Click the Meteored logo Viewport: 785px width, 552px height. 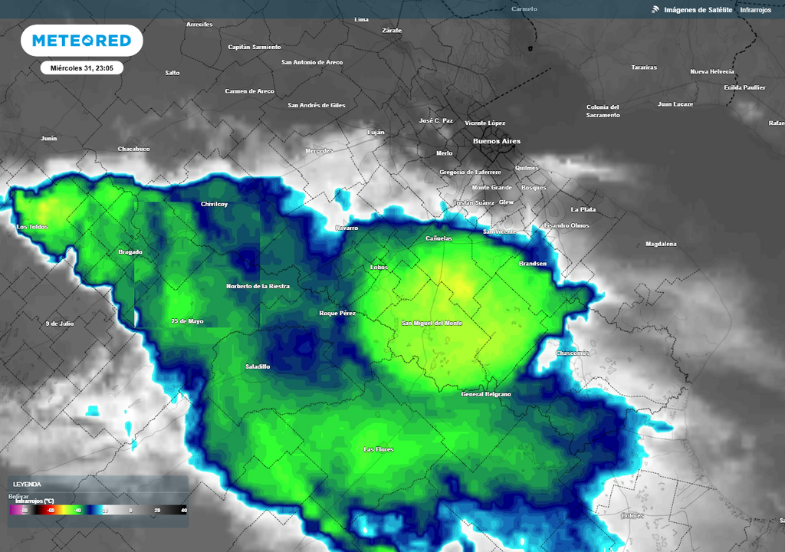click(x=81, y=41)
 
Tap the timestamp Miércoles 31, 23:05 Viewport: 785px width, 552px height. click(x=82, y=68)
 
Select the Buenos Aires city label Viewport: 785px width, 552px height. click(x=497, y=141)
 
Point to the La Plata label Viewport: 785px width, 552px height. click(x=583, y=209)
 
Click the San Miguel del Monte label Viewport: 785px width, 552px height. click(x=432, y=324)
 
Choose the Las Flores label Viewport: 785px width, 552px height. click(x=378, y=449)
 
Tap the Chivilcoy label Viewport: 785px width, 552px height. click(x=215, y=204)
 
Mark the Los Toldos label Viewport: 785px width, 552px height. click(x=32, y=227)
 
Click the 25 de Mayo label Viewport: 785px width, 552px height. click(x=187, y=321)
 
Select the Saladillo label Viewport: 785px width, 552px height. click(x=258, y=366)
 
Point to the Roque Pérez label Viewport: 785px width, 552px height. click(x=337, y=314)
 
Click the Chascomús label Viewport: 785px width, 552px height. click(x=572, y=353)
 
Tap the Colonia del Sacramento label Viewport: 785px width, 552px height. click(x=603, y=111)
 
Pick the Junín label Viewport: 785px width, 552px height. click(x=49, y=139)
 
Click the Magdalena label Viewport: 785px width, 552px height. click(x=661, y=244)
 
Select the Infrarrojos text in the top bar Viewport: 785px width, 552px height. click(x=756, y=9)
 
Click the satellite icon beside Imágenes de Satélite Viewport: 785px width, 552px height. click(x=655, y=9)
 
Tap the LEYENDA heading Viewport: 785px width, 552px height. click(x=28, y=485)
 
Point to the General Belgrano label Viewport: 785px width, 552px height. click(x=486, y=394)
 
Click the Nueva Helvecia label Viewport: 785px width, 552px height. click(x=712, y=71)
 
